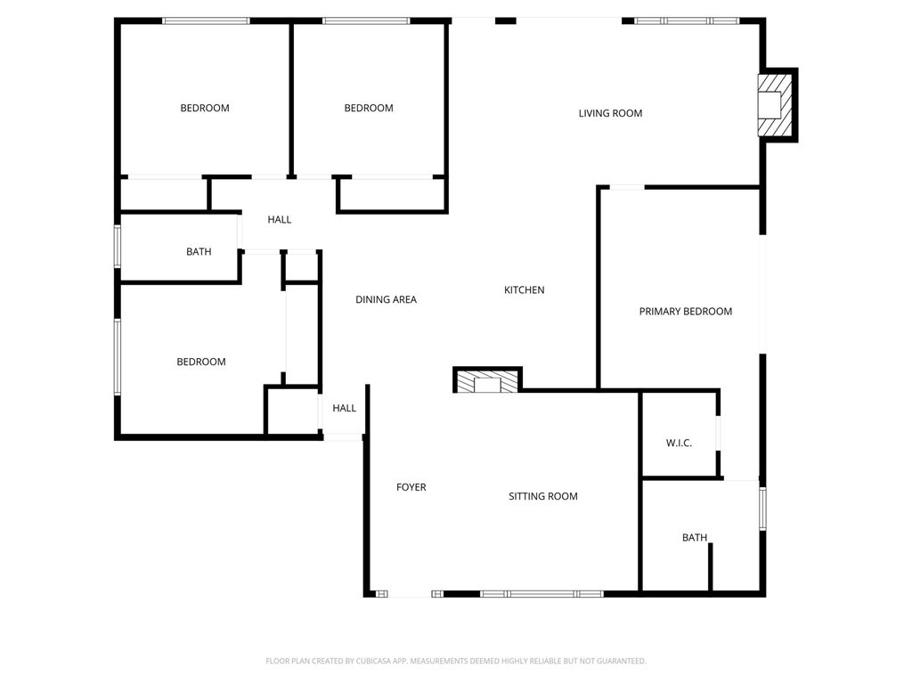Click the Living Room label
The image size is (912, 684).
tap(610, 113)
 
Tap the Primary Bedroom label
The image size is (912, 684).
tap(685, 312)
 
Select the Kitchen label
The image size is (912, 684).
tap(524, 290)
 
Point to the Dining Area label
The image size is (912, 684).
tap(386, 299)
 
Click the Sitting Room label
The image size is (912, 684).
tap(542, 496)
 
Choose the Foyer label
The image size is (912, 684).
tap(411, 487)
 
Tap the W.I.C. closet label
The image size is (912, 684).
tap(679, 444)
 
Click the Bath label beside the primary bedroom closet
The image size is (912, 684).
tap(695, 538)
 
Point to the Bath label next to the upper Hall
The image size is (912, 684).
tap(199, 252)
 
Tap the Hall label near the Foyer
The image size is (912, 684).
tap(345, 408)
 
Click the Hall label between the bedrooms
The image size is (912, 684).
tap(279, 220)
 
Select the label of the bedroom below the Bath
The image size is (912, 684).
tap(200, 362)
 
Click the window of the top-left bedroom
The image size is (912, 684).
tap(206, 21)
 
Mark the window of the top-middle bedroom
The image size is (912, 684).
tap(366, 21)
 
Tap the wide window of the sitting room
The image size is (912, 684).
tap(541, 594)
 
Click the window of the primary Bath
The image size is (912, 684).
tap(762, 509)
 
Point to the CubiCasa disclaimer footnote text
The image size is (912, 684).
tap(455, 661)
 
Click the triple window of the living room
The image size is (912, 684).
tap(687, 21)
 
